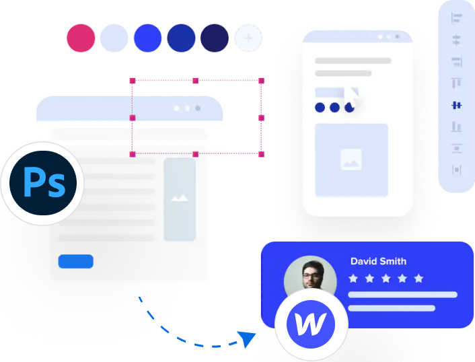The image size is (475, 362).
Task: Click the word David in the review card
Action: (363, 261)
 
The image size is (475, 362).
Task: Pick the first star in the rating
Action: (353, 278)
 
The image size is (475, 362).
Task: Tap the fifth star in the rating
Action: (418, 278)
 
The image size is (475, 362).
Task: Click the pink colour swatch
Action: (81, 39)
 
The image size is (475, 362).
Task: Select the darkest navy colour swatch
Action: (215, 39)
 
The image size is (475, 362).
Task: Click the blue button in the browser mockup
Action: (75, 261)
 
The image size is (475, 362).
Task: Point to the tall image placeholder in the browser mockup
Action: (179, 199)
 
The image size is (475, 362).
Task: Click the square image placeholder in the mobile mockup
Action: (351, 159)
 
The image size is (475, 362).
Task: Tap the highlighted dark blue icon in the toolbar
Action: (457, 105)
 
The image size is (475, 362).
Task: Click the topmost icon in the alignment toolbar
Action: (457, 19)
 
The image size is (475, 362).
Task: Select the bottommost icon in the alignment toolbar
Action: (457, 169)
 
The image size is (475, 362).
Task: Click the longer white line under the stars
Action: (402, 294)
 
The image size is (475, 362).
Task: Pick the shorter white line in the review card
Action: (392, 308)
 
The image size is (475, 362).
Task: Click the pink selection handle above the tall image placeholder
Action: (195, 154)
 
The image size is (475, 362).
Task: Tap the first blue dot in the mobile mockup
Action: (320, 107)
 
